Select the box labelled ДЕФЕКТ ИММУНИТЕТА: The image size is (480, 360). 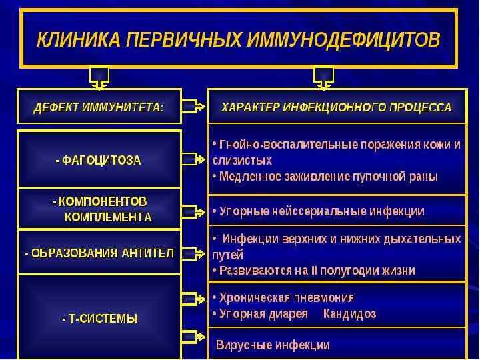[99, 107]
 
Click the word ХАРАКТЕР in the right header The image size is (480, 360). [250, 107]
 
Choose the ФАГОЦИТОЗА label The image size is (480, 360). [98, 160]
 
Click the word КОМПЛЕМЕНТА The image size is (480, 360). [108, 217]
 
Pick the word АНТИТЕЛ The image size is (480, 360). [148, 253]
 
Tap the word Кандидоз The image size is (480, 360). [351, 313]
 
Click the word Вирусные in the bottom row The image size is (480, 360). [239, 345]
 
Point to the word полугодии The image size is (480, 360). [357, 271]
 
